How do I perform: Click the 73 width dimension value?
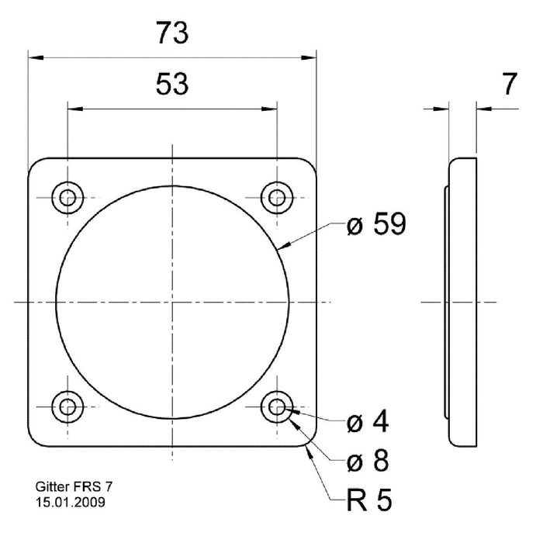[171, 33]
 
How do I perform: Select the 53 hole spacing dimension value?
[171, 84]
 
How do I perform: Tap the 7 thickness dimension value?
[509, 84]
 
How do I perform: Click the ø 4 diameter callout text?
[368, 423]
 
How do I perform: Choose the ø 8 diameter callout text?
[368, 461]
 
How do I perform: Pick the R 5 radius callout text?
[368, 500]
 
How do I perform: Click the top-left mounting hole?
[67, 197]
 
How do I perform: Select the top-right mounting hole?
[276, 197]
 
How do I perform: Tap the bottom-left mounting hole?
[67, 406]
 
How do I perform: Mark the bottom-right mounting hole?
[276, 406]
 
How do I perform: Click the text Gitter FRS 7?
[74, 488]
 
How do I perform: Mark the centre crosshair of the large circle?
[172, 302]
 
